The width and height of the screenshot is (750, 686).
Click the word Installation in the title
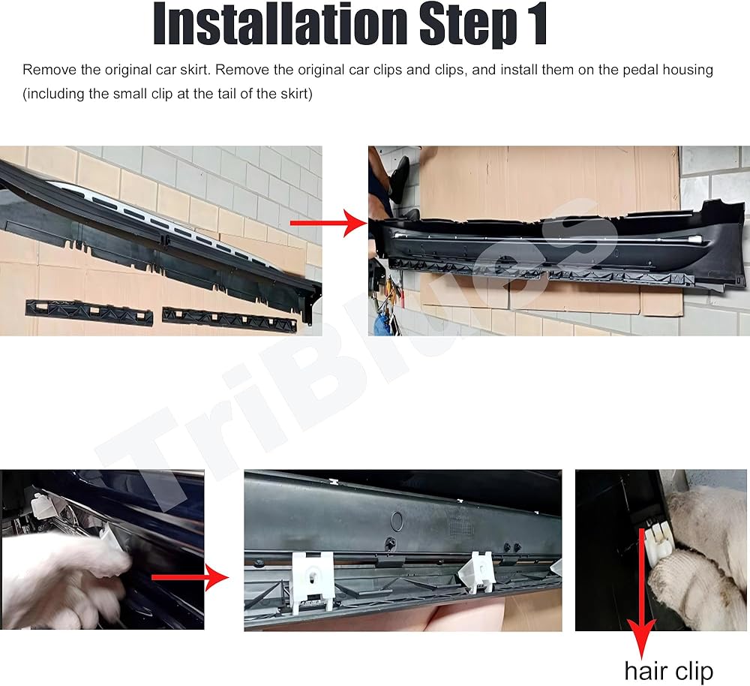click(280, 24)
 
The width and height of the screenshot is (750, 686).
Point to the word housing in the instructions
click(688, 71)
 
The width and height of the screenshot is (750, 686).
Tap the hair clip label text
click(669, 671)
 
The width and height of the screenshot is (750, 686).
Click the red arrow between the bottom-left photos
click(190, 577)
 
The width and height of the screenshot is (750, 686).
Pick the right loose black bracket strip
click(229, 319)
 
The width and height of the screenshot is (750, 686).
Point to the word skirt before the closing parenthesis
click(289, 93)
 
